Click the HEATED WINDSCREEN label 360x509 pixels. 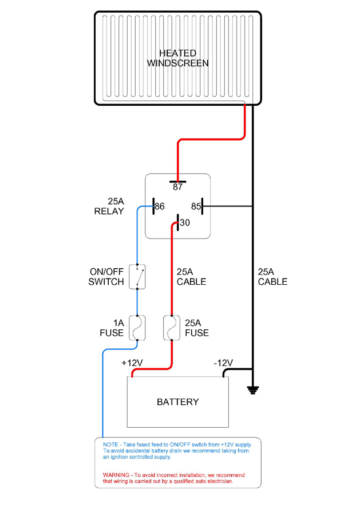pyautogui.click(x=177, y=58)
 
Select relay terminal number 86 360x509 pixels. pyautogui.click(x=159, y=206)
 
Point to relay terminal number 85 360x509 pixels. pyautogui.click(x=196, y=206)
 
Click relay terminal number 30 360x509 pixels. pyautogui.click(x=184, y=222)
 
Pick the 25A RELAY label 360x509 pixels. pyautogui.click(x=109, y=206)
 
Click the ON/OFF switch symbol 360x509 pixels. pyautogui.click(x=137, y=276)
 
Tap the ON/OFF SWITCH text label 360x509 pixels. pyautogui.click(x=106, y=277)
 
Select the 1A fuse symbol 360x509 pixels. pyautogui.click(x=137, y=328)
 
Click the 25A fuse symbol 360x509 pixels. pyautogui.click(x=170, y=328)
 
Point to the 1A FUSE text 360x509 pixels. pyautogui.click(x=112, y=328)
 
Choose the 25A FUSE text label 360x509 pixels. pyautogui.click(x=196, y=328)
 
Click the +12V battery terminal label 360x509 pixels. pyautogui.click(x=132, y=363)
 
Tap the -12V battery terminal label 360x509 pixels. pyautogui.click(x=223, y=363)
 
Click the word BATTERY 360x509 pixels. pyautogui.click(x=177, y=401)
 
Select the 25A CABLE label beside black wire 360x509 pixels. pyautogui.click(x=272, y=277)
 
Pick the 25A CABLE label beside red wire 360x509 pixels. pyautogui.click(x=191, y=277)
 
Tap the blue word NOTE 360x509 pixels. pyautogui.click(x=110, y=444)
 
